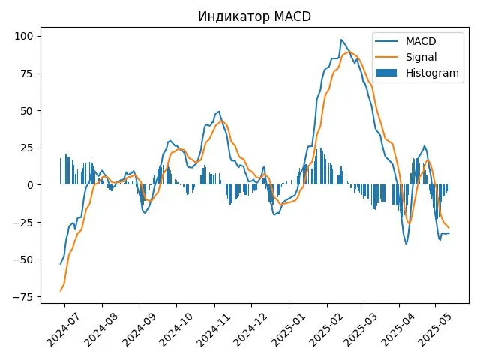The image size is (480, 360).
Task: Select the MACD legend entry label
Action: [421, 40]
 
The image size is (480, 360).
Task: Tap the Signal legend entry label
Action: [421, 56]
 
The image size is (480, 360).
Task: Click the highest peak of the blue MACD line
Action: [341, 40]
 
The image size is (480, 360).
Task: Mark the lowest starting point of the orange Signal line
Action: [61, 290]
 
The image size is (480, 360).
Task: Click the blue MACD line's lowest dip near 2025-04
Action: [406, 244]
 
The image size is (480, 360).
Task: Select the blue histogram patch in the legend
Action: [388, 73]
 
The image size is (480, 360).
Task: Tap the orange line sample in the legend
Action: [388, 56]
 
